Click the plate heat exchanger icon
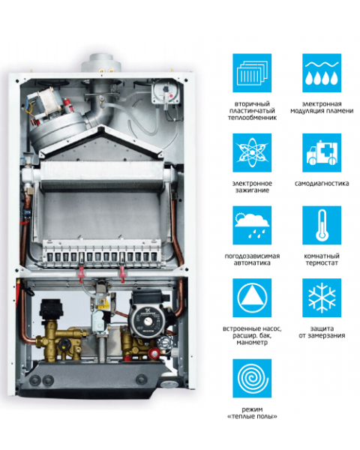[252, 73]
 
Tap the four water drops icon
[322, 73]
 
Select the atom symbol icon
[252, 153]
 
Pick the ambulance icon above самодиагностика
[322, 153]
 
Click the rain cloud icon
[252, 225]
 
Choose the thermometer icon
[322, 225]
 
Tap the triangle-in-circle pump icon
[252, 298]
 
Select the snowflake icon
[322, 298]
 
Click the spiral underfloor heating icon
[252, 378]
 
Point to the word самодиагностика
[322, 184]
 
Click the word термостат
[322, 263]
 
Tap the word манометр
[252, 343]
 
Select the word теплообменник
[252, 118]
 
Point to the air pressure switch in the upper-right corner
[166, 92]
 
